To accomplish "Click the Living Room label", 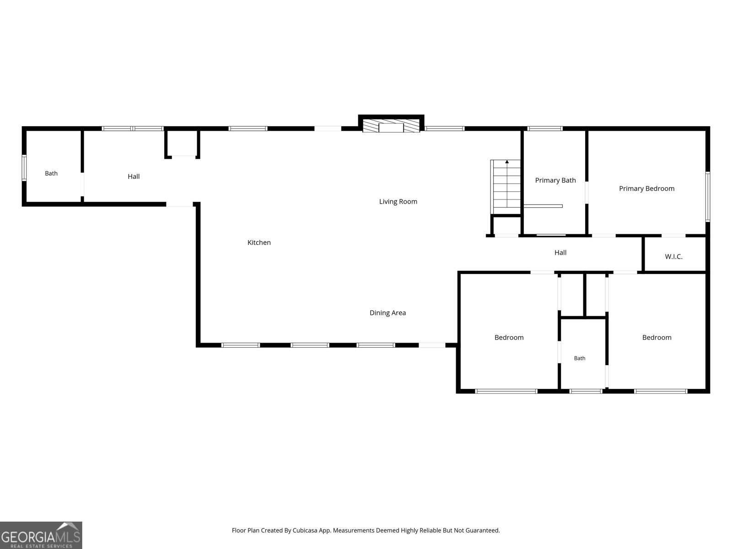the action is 398,202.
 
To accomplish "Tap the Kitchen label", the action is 259,242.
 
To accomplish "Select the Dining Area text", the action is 388,313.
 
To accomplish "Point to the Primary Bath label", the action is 555,180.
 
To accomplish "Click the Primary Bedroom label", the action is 646,188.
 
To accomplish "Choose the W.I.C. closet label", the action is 673,257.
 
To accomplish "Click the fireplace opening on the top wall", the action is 391,128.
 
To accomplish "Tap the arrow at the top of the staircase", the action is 507,162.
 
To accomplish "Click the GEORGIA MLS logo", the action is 41,535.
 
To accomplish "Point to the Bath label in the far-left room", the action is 51,173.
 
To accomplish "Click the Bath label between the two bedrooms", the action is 580,358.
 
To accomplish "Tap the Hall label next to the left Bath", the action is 134,177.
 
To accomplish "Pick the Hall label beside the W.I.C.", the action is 560,253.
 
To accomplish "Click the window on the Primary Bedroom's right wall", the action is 708,197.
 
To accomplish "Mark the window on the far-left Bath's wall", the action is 24,167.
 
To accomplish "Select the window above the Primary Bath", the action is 545,129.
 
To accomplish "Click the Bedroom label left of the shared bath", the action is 509,338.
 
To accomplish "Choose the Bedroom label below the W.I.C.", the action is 657,338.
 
